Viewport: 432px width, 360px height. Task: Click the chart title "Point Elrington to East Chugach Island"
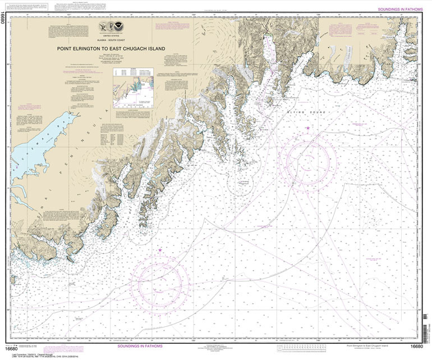111,48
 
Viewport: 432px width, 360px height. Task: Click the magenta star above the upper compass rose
307,129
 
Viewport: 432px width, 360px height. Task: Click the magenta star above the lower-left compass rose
160,250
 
